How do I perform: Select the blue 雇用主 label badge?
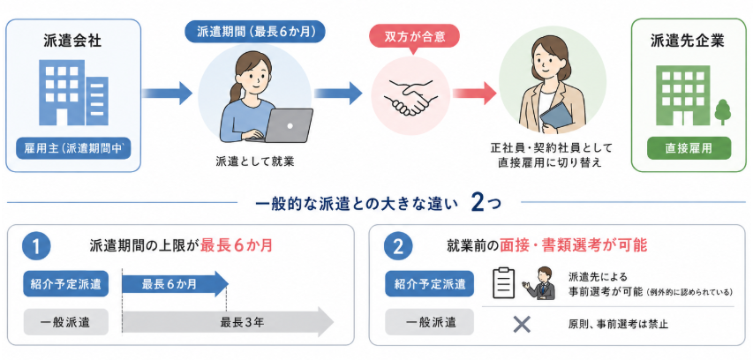click(73, 149)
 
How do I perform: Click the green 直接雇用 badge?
click(689, 148)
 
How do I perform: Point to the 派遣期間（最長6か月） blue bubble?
click(254, 32)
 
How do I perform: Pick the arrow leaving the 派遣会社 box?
click(167, 93)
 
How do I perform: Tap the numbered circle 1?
click(36, 246)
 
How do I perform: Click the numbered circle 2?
click(398, 246)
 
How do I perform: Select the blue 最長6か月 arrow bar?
click(176, 284)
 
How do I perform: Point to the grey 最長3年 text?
click(243, 322)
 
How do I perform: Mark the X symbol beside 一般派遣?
click(522, 324)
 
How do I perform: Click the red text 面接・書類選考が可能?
click(574, 246)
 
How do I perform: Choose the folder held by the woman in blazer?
click(555, 118)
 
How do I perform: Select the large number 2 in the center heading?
click(478, 203)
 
